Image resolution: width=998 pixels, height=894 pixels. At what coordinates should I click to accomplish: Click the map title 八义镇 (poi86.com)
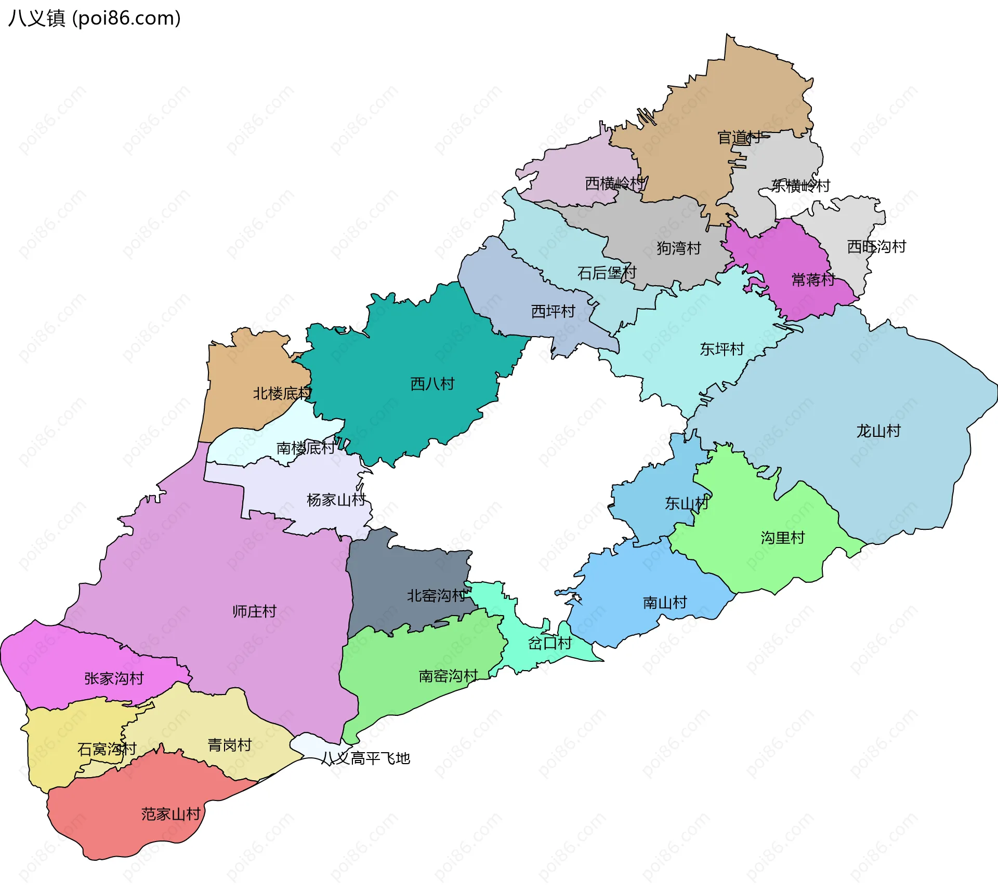point(95,18)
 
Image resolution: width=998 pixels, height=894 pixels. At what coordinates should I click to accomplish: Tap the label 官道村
point(739,138)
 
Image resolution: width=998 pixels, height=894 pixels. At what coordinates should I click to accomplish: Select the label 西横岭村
point(614,183)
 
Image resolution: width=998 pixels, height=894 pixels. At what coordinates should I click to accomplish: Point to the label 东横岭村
point(800,185)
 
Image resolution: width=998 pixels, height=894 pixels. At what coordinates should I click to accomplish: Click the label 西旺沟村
point(876,247)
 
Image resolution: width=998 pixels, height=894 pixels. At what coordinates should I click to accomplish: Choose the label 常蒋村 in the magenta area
point(813,280)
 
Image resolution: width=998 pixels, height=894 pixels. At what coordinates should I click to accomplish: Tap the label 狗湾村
point(679,248)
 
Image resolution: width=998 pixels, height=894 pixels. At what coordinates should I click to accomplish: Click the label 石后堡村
point(607,273)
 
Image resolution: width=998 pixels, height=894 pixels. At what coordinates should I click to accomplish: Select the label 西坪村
point(553,312)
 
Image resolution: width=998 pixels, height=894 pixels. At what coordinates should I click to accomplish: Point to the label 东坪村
point(722,349)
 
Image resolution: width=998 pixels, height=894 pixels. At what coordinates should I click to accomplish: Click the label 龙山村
point(878,431)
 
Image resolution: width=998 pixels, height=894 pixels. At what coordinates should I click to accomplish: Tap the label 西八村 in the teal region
point(432,384)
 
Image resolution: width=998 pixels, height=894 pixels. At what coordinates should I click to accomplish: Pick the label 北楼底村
point(282,394)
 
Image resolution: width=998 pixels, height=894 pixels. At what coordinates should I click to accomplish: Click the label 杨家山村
point(336,500)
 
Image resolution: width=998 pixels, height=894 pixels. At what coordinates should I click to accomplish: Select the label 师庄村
point(255,611)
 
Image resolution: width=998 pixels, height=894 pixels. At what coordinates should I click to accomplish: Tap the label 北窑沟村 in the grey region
point(436,596)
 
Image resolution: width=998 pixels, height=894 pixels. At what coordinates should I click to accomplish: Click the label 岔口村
point(550,644)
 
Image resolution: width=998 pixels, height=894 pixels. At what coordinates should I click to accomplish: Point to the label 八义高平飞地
point(365,758)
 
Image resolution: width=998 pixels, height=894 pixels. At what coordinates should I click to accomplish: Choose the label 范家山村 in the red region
point(171,814)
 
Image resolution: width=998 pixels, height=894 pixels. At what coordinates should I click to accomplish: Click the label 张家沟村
point(114,678)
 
